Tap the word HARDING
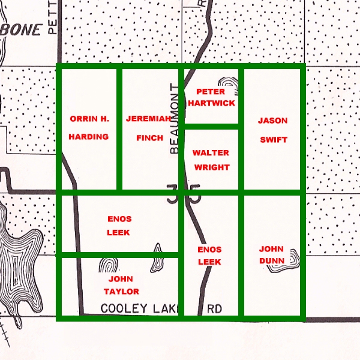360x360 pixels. click(88, 136)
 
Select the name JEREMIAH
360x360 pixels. click(149, 118)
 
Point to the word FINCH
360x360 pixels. click(149, 138)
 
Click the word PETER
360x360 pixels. click(211, 92)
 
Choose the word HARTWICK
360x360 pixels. click(211, 103)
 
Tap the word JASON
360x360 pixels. click(272, 121)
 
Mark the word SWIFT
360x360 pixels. click(273, 140)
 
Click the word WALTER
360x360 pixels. click(211, 152)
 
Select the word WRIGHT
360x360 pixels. click(211, 169)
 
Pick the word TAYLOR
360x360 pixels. click(121, 292)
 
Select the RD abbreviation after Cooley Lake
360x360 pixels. click(214, 309)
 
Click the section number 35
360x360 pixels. click(183, 196)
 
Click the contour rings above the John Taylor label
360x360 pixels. click(109, 266)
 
